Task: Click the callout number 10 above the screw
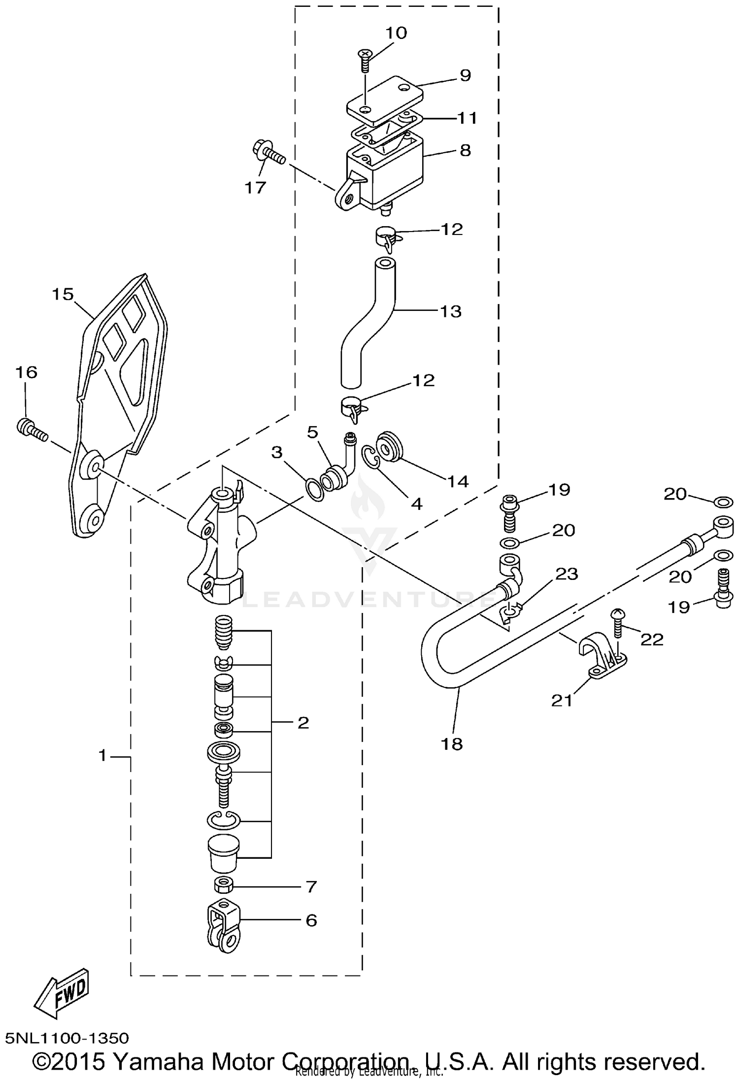click(x=396, y=33)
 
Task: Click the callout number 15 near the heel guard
click(x=63, y=295)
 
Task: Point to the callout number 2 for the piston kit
click(x=303, y=723)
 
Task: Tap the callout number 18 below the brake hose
click(x=452, y=743)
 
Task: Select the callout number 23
click(x=566, y=574)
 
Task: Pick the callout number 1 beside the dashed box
click(x=102, y=755)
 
